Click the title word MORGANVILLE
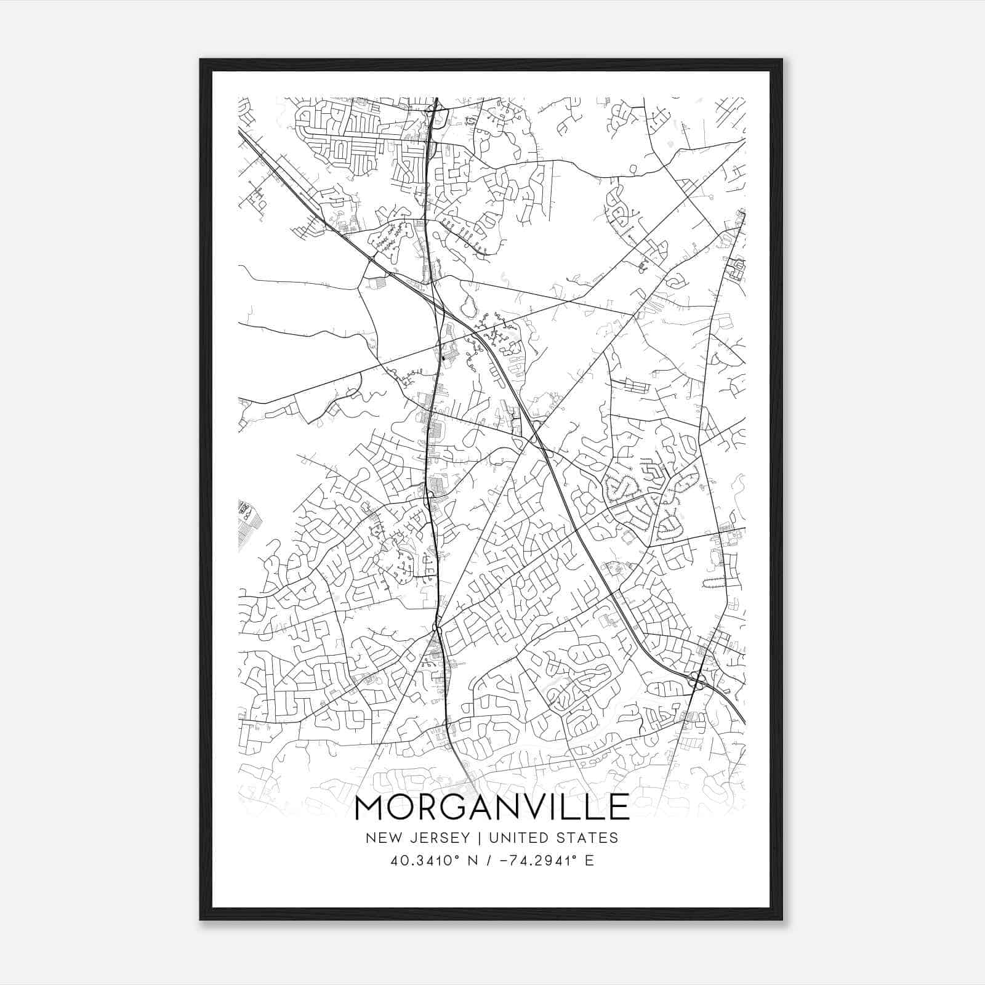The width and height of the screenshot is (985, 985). click(x=492, y=807)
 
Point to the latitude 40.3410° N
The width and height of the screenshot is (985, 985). click(x=425, y=861)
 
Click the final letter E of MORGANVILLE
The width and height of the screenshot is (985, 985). click(x=619, y=807)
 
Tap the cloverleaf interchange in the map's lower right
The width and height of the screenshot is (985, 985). click(x=698, y=680)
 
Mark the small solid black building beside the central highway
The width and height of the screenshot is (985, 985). click(x=443, y=356)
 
